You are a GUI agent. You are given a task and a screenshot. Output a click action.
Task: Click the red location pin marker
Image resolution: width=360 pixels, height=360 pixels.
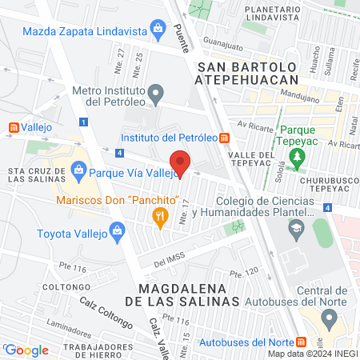coord(181,163)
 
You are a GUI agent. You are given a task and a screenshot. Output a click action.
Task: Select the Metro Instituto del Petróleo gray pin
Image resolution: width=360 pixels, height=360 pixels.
coord(157,93)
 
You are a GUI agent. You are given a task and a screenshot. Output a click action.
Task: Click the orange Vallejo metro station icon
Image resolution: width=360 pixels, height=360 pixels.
coord(11,126)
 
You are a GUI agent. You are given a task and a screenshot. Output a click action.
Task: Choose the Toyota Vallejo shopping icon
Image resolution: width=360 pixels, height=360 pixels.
coord(117,233)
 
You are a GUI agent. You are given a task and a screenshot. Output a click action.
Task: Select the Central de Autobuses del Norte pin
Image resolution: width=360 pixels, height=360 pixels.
coord(326,318)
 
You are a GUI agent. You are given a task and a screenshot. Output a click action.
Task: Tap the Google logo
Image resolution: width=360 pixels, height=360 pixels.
coord(26,350)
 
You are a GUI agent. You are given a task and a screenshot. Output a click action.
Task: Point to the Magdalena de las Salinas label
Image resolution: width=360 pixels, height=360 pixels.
coord(189,294)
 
